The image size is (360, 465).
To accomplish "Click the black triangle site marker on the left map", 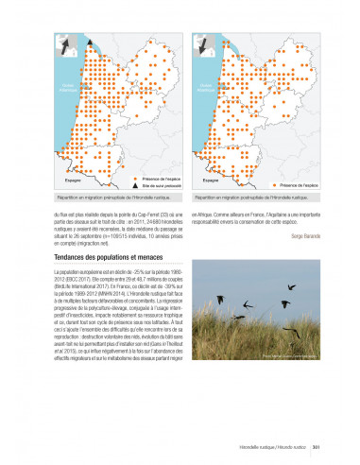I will pos(90,43).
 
